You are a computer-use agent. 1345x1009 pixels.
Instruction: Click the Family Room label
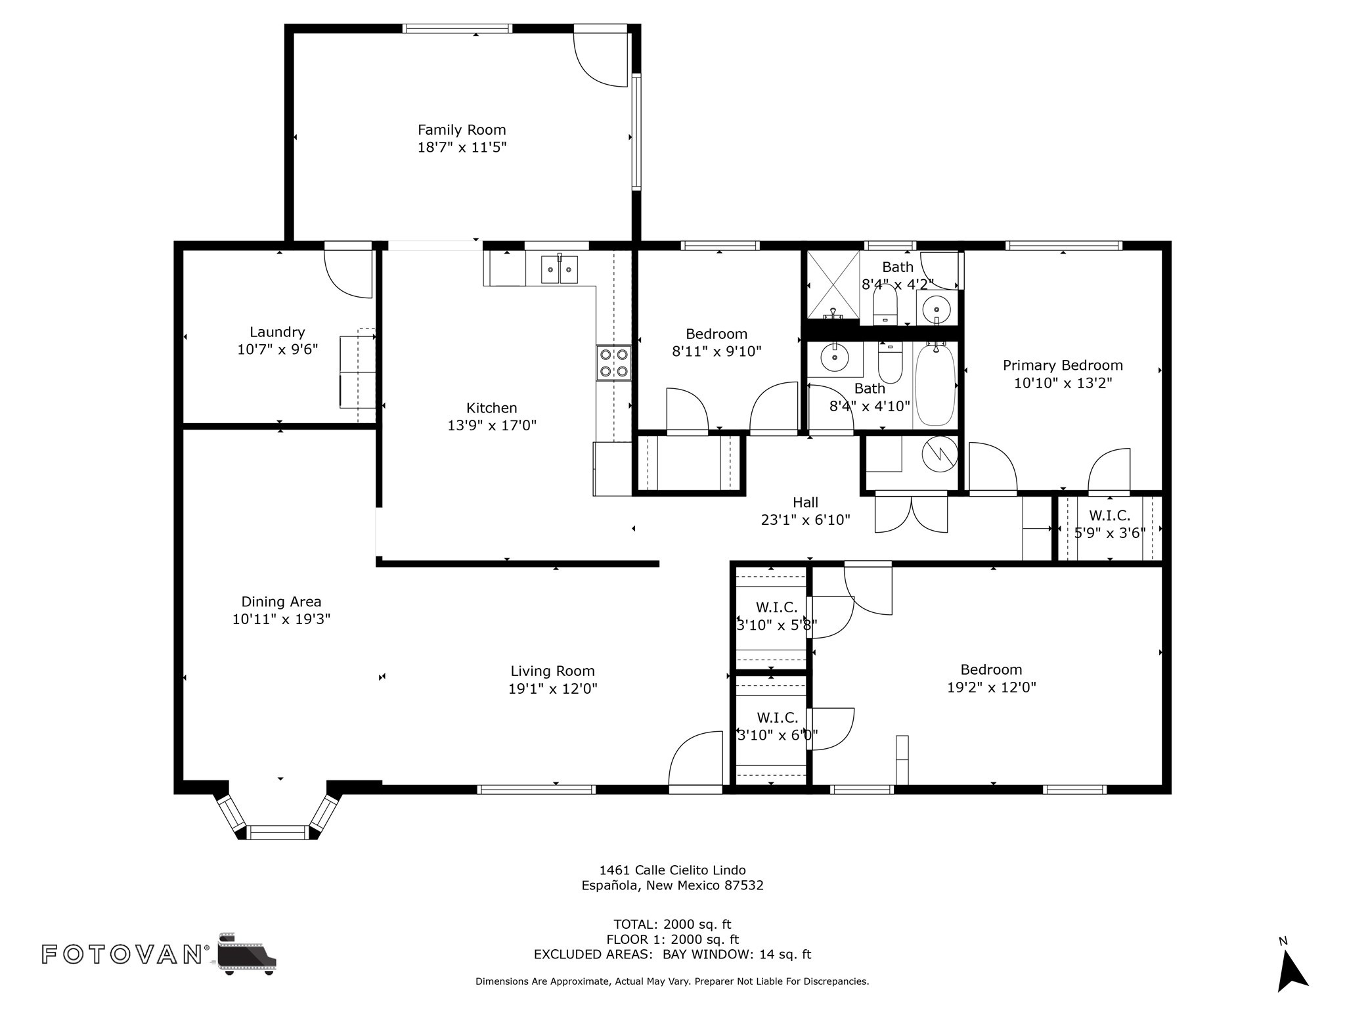click(x=462, y=130)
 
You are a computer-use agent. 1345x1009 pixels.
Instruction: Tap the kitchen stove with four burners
click(x=614, y=363)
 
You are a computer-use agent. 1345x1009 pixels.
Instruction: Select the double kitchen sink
click(x=560, y=269)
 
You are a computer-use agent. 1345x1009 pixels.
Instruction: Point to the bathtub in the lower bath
click(x=935, y=386)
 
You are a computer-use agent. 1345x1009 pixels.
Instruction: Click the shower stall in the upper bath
click(x=833, y=285)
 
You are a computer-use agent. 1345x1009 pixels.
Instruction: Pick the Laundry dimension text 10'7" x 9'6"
click(x=278, y=349)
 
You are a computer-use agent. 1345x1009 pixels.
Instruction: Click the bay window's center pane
click(x=278, y=832)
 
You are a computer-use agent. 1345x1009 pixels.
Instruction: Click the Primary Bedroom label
click(x=1063, y=365)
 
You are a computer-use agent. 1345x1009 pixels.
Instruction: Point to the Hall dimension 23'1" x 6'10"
click(x=805, y=520)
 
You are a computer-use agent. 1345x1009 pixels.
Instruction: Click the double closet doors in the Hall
click(x=912, y=514)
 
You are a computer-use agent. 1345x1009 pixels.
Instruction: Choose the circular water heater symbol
click(x=940, y=453)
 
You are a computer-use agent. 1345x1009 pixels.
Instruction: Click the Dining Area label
click(x=281, y=602)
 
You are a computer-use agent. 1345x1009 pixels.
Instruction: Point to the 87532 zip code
click(x=744, y=886)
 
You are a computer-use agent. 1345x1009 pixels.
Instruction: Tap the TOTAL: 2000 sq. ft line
click(x=672, y=924)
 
